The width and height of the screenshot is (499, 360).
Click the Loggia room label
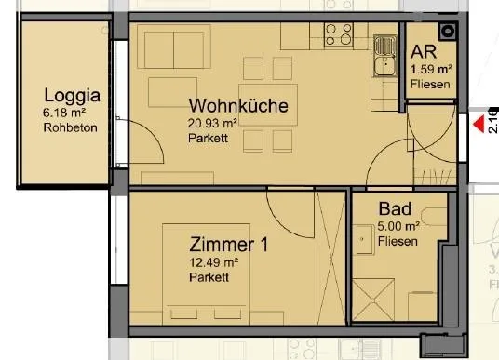(x=72, y=96)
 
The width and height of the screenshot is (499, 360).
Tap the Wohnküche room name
(x=238, y=106)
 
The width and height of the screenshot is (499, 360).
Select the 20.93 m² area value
(x=212, y=123)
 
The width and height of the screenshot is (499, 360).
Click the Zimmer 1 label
(x=228, y=245)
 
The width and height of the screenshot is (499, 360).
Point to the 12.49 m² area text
(x=214, y=262)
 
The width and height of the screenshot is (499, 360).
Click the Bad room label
(x=395, y=209)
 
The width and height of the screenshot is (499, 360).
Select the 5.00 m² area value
(x=398, y=226)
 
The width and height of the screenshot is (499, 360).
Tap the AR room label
(x=424, y=52)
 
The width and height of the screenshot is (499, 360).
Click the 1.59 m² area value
(x=431, y=69)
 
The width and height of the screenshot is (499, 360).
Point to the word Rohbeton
(x=71, y=127)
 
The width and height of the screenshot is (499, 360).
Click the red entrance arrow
(x=479, y=124)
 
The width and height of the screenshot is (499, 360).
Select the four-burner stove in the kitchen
(x=339, y=34)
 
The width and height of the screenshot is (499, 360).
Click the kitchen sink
(x=385, y=56)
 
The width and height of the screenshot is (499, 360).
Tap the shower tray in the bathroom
(x=373, y=300)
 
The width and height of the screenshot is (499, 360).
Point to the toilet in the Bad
(x=434, y=217)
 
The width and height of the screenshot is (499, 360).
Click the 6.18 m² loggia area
(x=64, y=113)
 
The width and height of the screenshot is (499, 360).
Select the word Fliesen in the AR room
(x=430, y=85)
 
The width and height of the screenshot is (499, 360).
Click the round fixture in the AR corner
(x=448, y=32)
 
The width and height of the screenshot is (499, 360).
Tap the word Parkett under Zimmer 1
(x=209, y=277)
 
